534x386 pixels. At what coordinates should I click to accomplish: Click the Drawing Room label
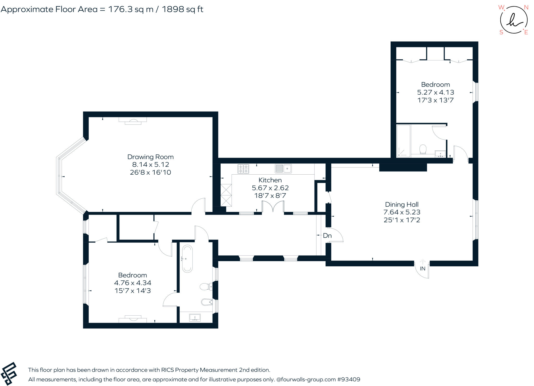click(150, 157)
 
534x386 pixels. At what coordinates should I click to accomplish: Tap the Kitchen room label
click(270, 180)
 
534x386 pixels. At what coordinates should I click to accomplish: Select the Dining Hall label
click(402, 205)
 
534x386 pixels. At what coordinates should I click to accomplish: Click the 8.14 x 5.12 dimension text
click(150, 164)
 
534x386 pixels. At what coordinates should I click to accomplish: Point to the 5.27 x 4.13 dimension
click(435, 92)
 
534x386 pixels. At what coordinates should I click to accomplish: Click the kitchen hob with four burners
click(243, 169)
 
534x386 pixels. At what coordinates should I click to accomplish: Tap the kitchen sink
click(283, 169)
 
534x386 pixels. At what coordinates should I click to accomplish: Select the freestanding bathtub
click(187, 259)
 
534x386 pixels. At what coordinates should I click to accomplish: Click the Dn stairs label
click(327, 236)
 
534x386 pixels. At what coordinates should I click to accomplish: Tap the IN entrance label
click(423, 268)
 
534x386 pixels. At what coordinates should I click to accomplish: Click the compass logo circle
click(514, 20)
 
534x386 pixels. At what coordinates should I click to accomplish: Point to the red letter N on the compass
click(526, 8)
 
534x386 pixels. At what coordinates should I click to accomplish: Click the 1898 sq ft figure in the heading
click(183, 9)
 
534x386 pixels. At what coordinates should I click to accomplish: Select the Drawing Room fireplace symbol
click(133, 121)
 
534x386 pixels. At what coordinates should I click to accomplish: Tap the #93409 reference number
click(349, 379)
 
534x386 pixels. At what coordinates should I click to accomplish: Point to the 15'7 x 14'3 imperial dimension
click(132, 291)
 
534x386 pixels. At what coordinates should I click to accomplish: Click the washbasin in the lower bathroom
click(195, 317)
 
